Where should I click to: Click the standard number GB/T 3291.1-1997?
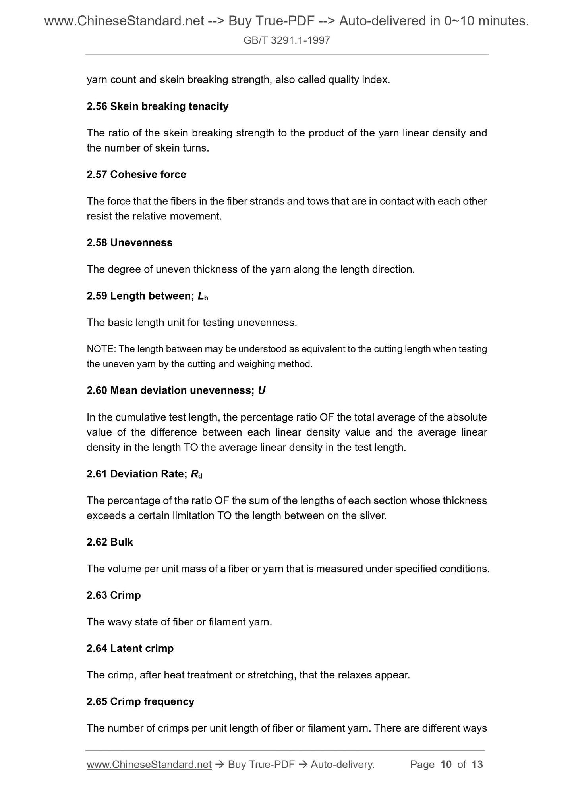(286, 40)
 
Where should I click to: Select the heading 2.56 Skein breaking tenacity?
(157, 106)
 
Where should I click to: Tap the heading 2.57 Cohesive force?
(136, 175)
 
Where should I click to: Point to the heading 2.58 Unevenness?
(129, 243)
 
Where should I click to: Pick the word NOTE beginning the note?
(100, 349)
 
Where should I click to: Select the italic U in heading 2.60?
(261, 391)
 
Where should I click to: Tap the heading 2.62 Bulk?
(110, 542)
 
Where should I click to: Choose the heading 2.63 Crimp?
(114, 595)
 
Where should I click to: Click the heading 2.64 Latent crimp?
(130, 648)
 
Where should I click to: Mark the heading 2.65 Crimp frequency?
(140, 701)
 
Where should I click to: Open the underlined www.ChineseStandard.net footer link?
(149, 765)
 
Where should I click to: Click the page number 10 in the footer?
(446, 765)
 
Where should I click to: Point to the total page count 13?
(477, 765)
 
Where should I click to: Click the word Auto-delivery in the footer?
(342, 765)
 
